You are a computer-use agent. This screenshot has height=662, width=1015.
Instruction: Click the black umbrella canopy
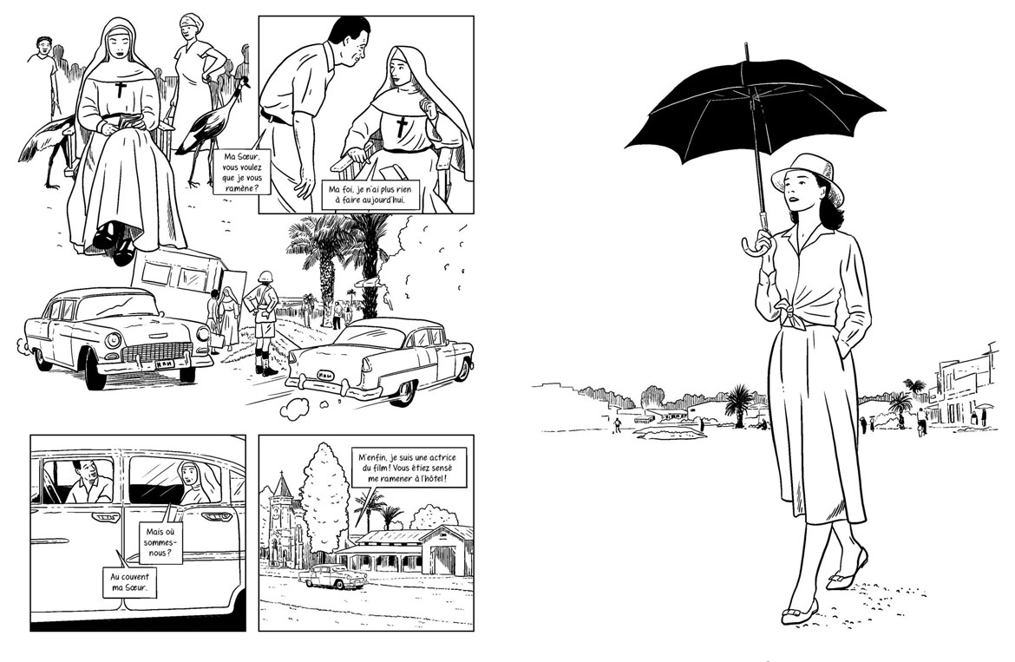coord(754,107)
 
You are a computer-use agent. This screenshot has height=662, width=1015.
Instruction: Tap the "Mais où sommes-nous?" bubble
coord(160,542)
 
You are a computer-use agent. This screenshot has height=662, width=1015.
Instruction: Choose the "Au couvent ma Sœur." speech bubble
coord(129,582)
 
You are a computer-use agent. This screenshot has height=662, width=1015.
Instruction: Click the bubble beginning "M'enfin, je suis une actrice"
coord(403,468)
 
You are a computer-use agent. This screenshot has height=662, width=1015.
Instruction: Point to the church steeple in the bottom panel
coord(282,490)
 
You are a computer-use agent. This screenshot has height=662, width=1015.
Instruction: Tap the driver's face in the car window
coord(84,475)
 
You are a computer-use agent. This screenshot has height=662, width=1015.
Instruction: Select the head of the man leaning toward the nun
coord(350,41)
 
